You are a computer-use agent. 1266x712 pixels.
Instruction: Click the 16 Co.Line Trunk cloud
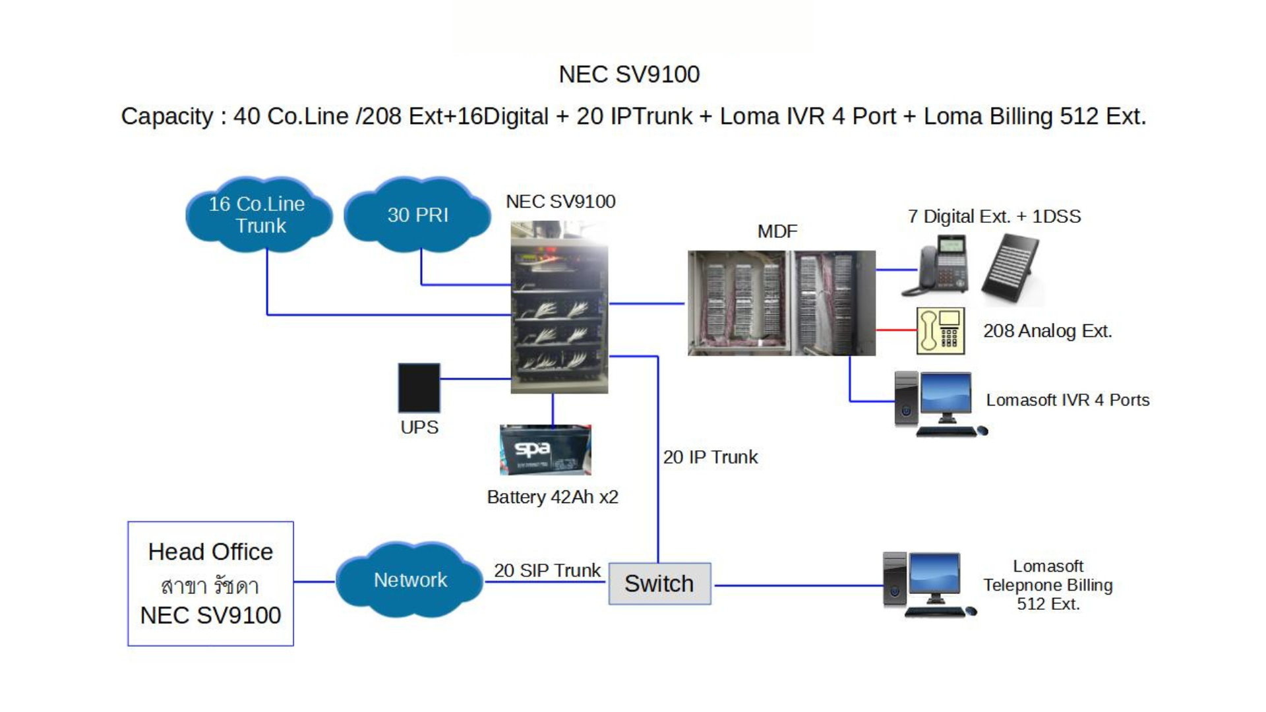coord(258,215)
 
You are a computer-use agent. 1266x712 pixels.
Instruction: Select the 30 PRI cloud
coord(417,215)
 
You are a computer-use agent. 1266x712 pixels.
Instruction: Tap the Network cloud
coord(409,580)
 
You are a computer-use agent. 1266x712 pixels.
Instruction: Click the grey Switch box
coord(659,583)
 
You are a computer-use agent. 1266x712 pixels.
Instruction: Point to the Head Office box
coord(210,583)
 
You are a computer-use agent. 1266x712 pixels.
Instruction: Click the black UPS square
coord(419,388)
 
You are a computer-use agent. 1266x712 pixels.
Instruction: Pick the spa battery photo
coord(545,450)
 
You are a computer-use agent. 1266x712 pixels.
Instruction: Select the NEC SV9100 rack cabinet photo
coord(559,307)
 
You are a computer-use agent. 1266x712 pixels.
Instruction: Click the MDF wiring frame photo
coord(781,303)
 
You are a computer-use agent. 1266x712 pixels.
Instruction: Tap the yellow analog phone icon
coord(940,331)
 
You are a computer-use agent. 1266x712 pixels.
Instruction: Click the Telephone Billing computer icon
coord(928,584)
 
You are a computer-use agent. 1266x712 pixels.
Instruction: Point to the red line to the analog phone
coord(896,330)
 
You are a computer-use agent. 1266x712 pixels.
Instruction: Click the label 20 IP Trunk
coord(710,457)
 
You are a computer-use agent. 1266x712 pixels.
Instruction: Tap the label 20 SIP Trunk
coord(547,570)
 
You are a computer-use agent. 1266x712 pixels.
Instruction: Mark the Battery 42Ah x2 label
coord(553,497)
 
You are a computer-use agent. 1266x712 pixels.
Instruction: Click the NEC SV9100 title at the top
coord(629,74)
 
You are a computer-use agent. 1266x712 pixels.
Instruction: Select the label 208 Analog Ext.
coord(1047,331)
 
